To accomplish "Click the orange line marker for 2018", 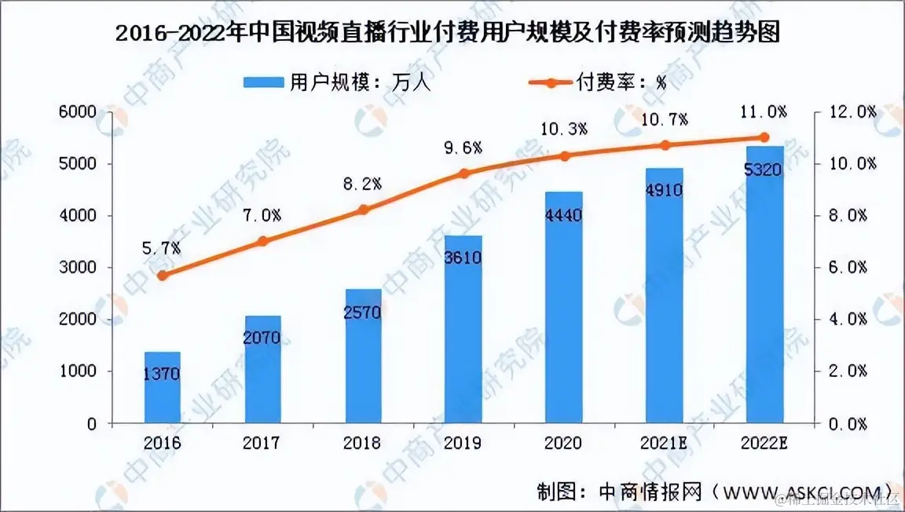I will [x=363, y=210].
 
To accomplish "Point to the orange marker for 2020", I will [x=564, y=155].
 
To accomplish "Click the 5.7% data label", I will [x=162, y=248].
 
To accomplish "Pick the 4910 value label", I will [x=665, y=188].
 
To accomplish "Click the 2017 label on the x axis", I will [x=262, y=444].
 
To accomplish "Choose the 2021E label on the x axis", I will [x=665, y=444].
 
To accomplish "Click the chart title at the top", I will [x=452, y=35].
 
